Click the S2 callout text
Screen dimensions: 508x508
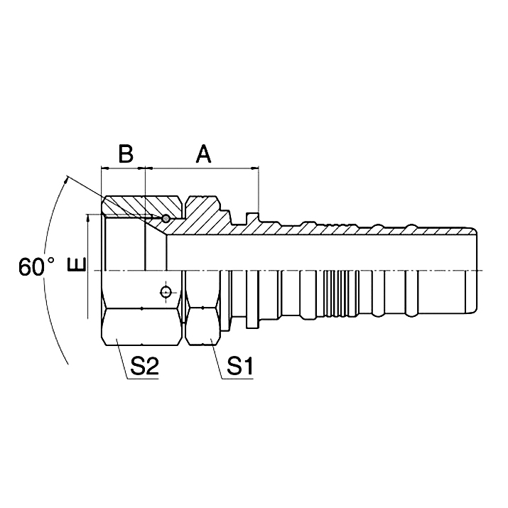(x=144, y=368)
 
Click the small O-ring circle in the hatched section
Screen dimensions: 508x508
(x=166, y=218)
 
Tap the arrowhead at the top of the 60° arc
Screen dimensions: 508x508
(x=66, y=179)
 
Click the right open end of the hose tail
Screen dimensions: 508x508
(x=475, y=270)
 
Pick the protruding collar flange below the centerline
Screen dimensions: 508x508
(x=252, y=299)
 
